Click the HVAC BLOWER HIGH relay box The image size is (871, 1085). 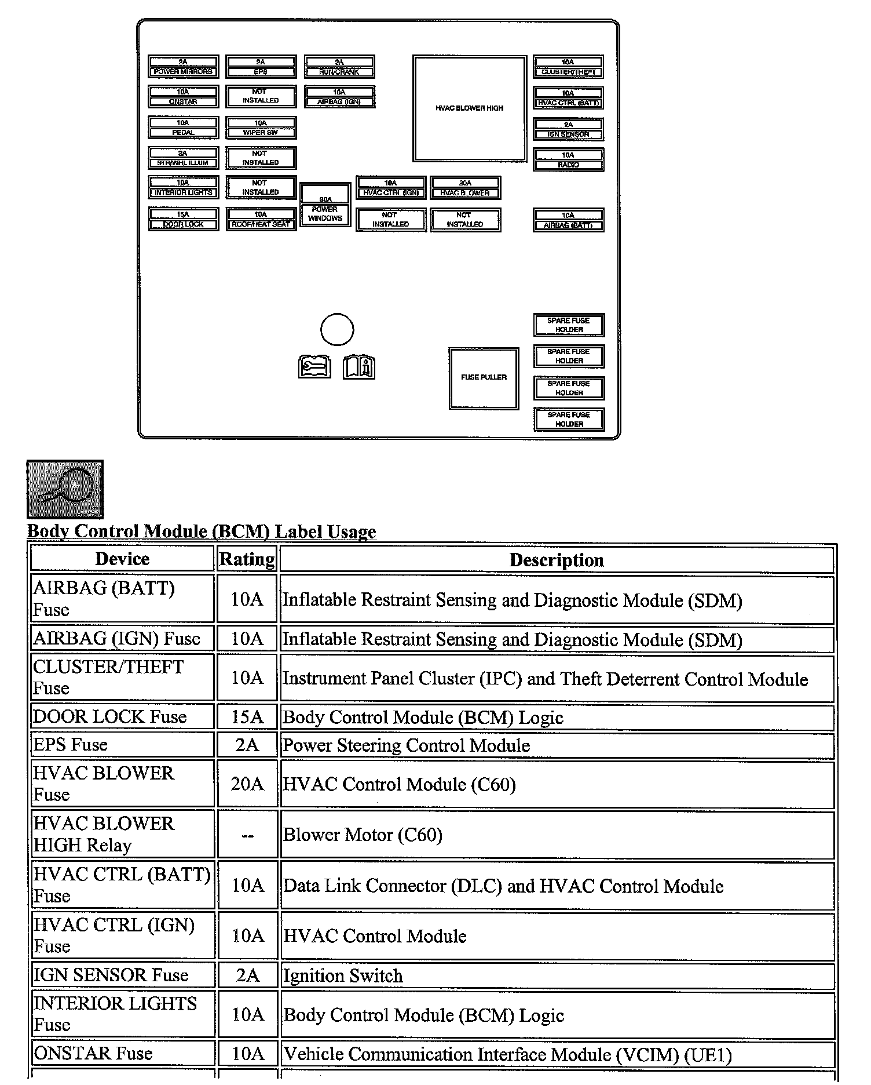[470, 108]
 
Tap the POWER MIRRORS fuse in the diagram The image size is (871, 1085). [183, 67]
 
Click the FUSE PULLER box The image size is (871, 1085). [484, 378]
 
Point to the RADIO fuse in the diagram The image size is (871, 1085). [568, 160]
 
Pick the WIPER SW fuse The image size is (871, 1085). [261, 128]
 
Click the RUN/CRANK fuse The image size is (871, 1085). [339, 67]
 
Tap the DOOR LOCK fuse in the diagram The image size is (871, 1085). [183, 220]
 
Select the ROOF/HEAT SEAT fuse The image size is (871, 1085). [261, 220]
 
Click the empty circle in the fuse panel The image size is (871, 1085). [337, 330]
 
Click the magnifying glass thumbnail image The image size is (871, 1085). [65, 489]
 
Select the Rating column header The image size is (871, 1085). [247, 559]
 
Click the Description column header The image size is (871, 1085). [557, 560]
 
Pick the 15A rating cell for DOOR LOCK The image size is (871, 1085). [247, 717]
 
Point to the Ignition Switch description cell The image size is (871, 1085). [557, 975]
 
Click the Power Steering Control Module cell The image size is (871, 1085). [557, 745]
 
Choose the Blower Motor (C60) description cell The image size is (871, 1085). [557, 835]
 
